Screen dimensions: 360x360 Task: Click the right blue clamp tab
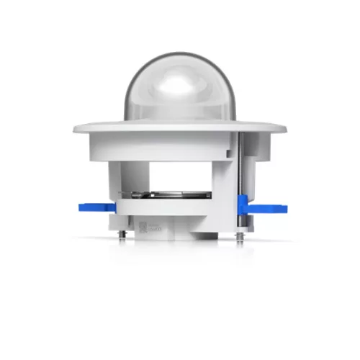(x=266, y=209)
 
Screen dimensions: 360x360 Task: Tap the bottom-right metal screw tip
(x=238, y=237)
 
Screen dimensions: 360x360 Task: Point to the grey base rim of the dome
(x=179, y=119)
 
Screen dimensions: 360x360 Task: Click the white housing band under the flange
(x=158, y=148)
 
